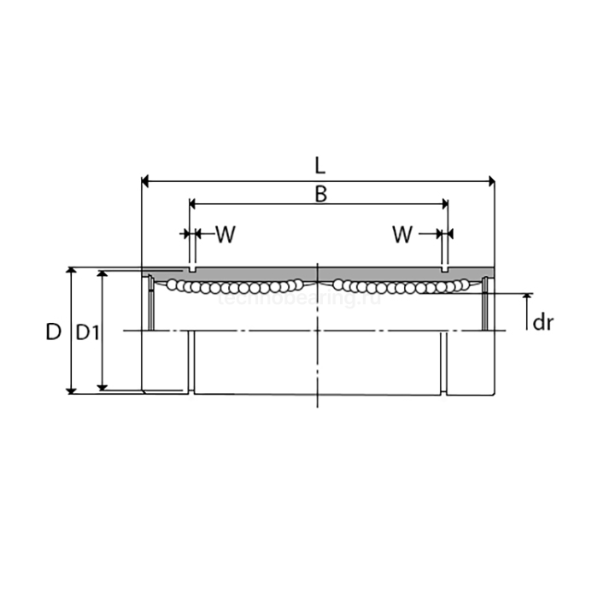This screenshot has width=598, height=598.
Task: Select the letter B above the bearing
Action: [x=320, y=194]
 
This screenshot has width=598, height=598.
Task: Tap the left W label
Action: [x=224, y=234]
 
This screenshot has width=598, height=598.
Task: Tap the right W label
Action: [x=403, y=234]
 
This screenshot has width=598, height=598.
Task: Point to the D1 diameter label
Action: [x=87, y=331]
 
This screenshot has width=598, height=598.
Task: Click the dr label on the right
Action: [x=543, y=322]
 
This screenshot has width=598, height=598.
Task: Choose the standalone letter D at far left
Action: [x=54, y=331]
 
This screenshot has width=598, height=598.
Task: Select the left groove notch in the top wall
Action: [x=192, y=269]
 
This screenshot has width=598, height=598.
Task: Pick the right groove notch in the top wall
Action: [x=444, y=269]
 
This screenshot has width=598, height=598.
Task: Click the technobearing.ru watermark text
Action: [x=299, y=299]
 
